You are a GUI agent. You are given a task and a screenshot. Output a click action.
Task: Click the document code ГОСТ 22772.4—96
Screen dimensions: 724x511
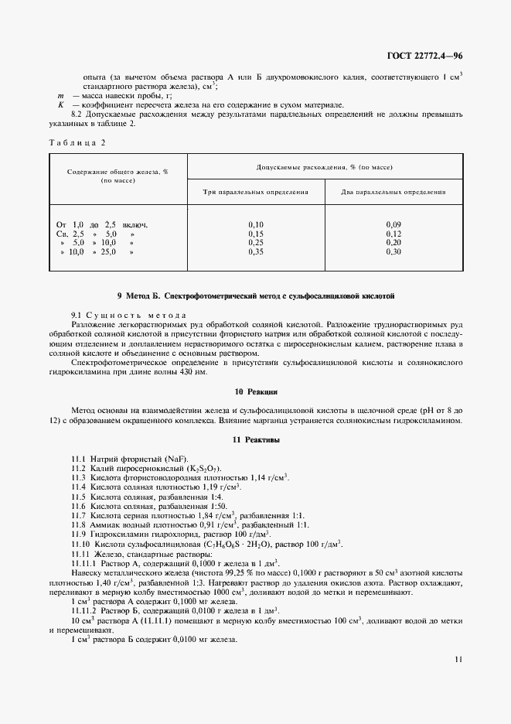(x=424, y=56)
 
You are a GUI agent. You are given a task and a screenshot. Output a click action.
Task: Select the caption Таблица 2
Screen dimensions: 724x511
(x=76, y=143)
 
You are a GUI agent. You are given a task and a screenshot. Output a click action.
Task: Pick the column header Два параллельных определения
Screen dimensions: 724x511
(x=394, y=191)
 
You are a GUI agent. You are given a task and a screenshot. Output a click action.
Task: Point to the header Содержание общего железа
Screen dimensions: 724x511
(x=118, y=176)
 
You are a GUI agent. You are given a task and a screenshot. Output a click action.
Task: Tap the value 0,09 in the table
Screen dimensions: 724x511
(x=394, y=224)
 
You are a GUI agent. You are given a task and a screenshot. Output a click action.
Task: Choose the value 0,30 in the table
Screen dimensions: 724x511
(x=394, y=252)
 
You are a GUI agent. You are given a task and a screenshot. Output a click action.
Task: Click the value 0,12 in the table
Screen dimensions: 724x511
(x=394, y=234)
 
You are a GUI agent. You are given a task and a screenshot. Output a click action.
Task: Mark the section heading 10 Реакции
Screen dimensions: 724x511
(x=255, y=392)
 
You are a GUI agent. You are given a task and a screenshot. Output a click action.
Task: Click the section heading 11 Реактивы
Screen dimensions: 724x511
(x=255, y=439)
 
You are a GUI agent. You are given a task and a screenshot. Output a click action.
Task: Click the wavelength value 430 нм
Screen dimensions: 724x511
(x=193, y=372)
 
